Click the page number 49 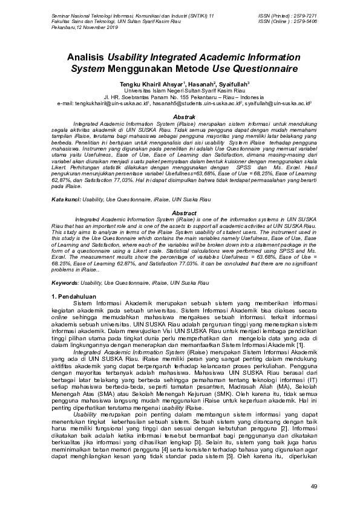[313, 487]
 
